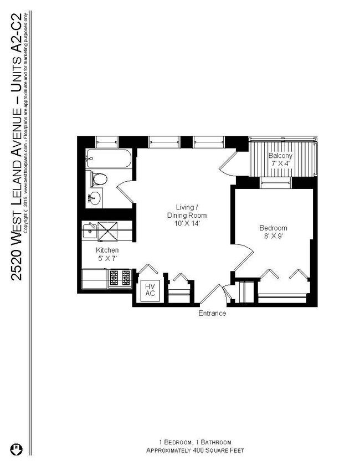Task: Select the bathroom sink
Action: click(95, 197)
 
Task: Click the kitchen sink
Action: click(89, 231)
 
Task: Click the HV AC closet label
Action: click(150, 290)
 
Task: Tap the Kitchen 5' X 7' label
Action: click(107, 254)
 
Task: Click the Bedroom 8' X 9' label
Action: click(274, 232)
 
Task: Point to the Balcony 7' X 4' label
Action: click(280, 160)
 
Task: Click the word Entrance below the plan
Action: click(212, 314)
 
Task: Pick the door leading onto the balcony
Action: click(229, 161)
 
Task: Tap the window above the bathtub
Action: click(107, 141)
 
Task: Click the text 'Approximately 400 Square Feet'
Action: click(195, 451)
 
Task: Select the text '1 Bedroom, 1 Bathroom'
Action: click(195, 442)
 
